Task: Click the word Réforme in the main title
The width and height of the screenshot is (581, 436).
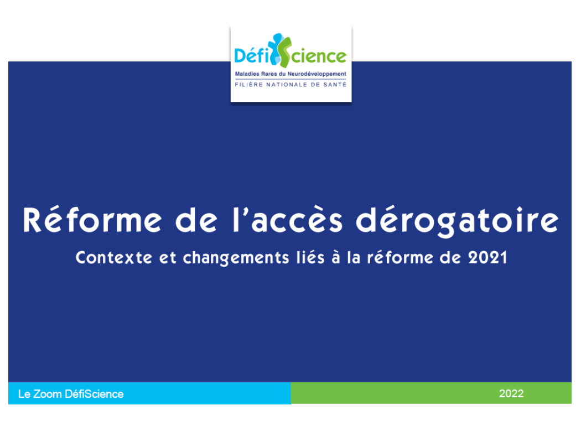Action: (x=92, y=220)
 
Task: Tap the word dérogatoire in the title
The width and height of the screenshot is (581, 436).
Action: (x=457, y=221)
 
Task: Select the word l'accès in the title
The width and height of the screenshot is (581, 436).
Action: (x=288, y=220)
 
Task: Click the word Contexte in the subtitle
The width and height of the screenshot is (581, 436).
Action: (x=114, y=257)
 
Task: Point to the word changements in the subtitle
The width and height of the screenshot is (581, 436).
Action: (x=236, y=258)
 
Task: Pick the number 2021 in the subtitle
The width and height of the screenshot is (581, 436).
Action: (x=487, y=257)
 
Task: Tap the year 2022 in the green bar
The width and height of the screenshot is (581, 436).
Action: (x=511, y=393)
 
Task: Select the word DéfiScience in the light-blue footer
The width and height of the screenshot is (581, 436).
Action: (x=94, y=394)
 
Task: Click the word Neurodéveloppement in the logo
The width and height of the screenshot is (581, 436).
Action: (x=317, y=74)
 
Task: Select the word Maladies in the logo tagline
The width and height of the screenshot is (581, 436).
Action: (x=247, y=74)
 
